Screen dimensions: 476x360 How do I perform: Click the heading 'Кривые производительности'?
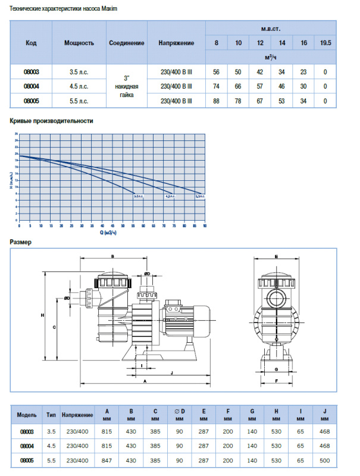pyautogui.click(x=52, y=121)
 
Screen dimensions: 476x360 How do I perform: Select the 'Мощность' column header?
pyautogui.click(x=79, y=43)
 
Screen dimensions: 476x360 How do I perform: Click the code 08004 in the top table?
pyautogui.click(x=32, y=86)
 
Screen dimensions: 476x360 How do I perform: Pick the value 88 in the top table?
pyautogui.click(x=216, y=101)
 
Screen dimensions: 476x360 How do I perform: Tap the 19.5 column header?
pyautogui.click(x=325, y=43)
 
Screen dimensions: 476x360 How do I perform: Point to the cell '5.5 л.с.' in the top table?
pyautogui.click(x=79, y=101)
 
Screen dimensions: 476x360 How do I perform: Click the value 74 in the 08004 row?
pyautogui.click(x=216, y=86)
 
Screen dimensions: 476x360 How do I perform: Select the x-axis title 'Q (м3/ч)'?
pyautogui.click(x=108, y=232)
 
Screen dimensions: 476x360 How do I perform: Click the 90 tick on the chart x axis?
pyautogui.click(x=205, y=226)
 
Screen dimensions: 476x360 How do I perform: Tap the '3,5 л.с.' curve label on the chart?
pyautogui.click(x=199, y=195)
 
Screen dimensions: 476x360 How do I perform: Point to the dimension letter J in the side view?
pyautogui.click(x=172, y=372)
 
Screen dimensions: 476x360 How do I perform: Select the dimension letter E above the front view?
pyautogui.click(x=277, y=256)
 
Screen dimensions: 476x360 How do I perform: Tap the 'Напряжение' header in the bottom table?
pyautogui.click(x=77, y=415)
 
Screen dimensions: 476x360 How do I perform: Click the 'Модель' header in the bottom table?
pyautogui.click(x=28, y=415)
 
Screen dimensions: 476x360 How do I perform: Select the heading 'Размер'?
pyautogui.click(x=21, y=242)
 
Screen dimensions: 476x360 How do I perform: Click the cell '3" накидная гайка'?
pyautogui.click(x=126, y=86)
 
